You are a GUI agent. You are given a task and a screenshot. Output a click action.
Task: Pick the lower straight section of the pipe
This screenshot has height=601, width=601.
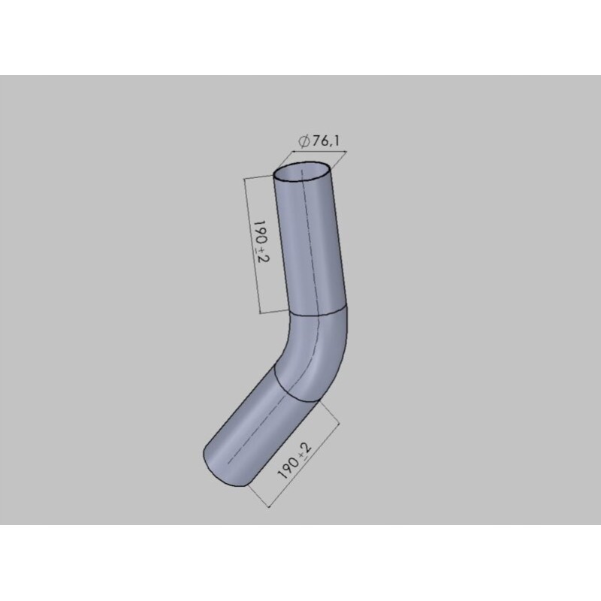pyautogui.click(x=252, y=428)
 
